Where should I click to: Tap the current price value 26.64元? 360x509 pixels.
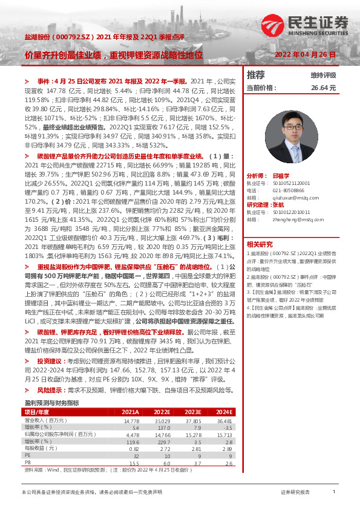coord(323,88)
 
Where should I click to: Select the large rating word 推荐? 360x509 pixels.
coord(256,75)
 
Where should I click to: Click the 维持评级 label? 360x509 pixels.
coord(323,76)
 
